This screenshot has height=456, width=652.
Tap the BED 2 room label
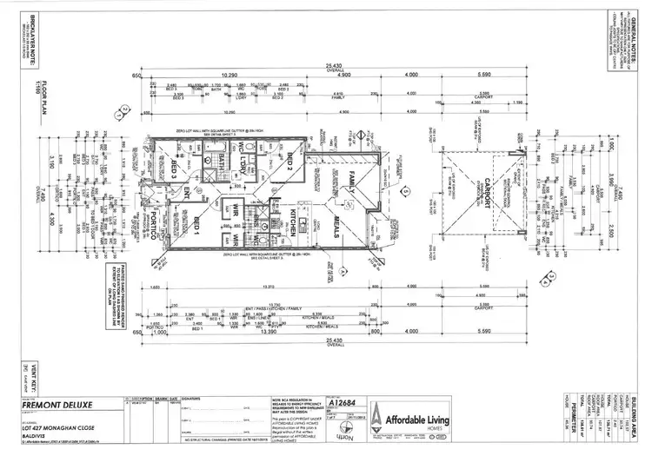point(289,162)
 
